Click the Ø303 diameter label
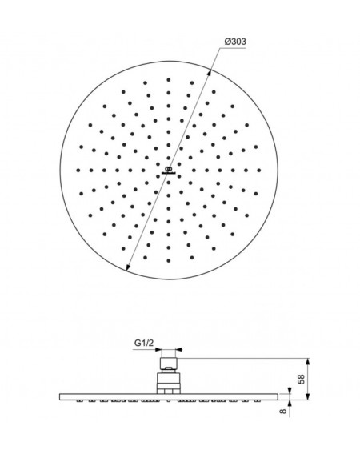point(235,42)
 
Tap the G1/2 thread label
point(144,344)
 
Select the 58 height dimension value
point(302,379)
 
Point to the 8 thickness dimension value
point(283,411)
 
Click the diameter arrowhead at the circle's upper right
point(209,74)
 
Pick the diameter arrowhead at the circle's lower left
point(128,267)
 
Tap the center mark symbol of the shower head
point(169,171)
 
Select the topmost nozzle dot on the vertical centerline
point(169,79)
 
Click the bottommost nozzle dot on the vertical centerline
point(169,260)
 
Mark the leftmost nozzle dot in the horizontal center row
point(78,171)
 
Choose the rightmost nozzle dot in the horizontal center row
point(259,171)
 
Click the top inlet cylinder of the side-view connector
point(169,363)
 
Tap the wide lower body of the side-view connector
point(169,383)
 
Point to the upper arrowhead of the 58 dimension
point(308,362)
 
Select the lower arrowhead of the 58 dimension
point(308,396)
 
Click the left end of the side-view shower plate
point(60,396)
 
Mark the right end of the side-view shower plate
point(277,396)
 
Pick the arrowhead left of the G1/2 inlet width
point(158,349)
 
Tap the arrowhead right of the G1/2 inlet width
point(179,349)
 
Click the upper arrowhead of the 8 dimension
point(289,390)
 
